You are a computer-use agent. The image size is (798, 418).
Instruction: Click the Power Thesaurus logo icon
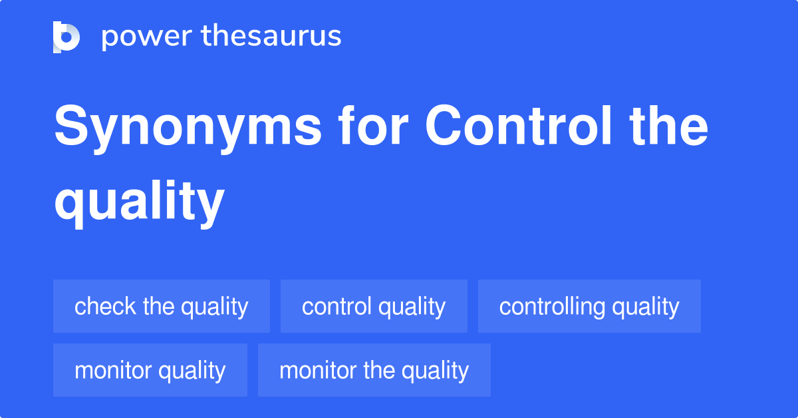(x=66, y=37)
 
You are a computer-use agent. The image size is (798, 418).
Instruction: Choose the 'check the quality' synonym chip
(x=162, y=306)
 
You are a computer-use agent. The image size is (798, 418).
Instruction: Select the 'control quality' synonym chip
(x=374, y=306)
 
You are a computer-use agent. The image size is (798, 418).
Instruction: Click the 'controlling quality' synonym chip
(x=589, y=306)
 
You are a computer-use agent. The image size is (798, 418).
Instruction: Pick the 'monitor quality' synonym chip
(x=150, y=370)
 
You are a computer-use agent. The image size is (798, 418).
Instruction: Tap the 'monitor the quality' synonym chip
(x=374, y=370)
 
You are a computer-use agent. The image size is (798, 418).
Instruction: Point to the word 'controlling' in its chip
(x=553, y=306)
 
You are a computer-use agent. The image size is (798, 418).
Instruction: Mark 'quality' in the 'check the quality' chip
(x=215, y=306)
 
